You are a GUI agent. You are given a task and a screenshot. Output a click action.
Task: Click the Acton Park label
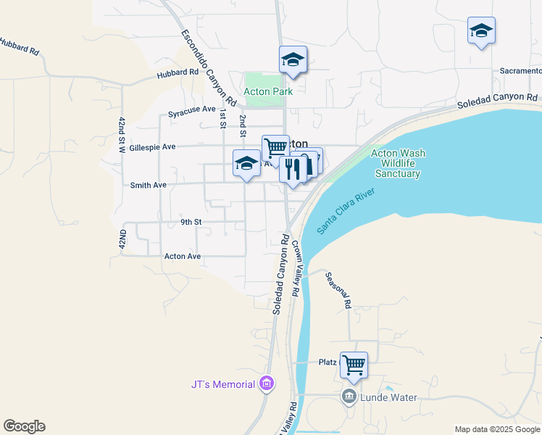click(x=268, y=92)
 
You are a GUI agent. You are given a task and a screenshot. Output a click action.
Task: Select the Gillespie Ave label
click(x=152, y=146)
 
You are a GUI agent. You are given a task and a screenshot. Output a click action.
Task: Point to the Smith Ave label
click(x=148, y=186)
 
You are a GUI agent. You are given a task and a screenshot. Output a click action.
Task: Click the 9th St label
click(x=191, y=222)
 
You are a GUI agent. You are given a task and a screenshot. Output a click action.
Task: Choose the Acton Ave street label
click(x=182, y=256)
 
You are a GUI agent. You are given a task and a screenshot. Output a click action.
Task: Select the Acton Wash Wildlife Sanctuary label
click(x=398, y=163)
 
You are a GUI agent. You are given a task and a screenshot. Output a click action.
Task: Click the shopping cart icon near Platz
click(x=354, y=365)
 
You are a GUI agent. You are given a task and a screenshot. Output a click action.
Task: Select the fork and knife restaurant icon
click(x=293, y=170)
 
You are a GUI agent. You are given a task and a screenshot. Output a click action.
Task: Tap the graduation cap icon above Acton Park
click(x=293, y=60)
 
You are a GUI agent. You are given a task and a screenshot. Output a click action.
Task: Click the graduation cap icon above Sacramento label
click(x=481, y=31)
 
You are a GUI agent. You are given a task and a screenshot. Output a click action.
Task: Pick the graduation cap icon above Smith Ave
click(x=246, y=163)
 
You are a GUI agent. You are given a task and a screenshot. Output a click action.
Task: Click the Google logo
click(x=24, y=426)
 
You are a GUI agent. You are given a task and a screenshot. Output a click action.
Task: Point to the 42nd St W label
click(x=122, y=135)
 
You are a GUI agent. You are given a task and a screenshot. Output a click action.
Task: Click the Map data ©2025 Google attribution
click(x=497, y=429)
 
